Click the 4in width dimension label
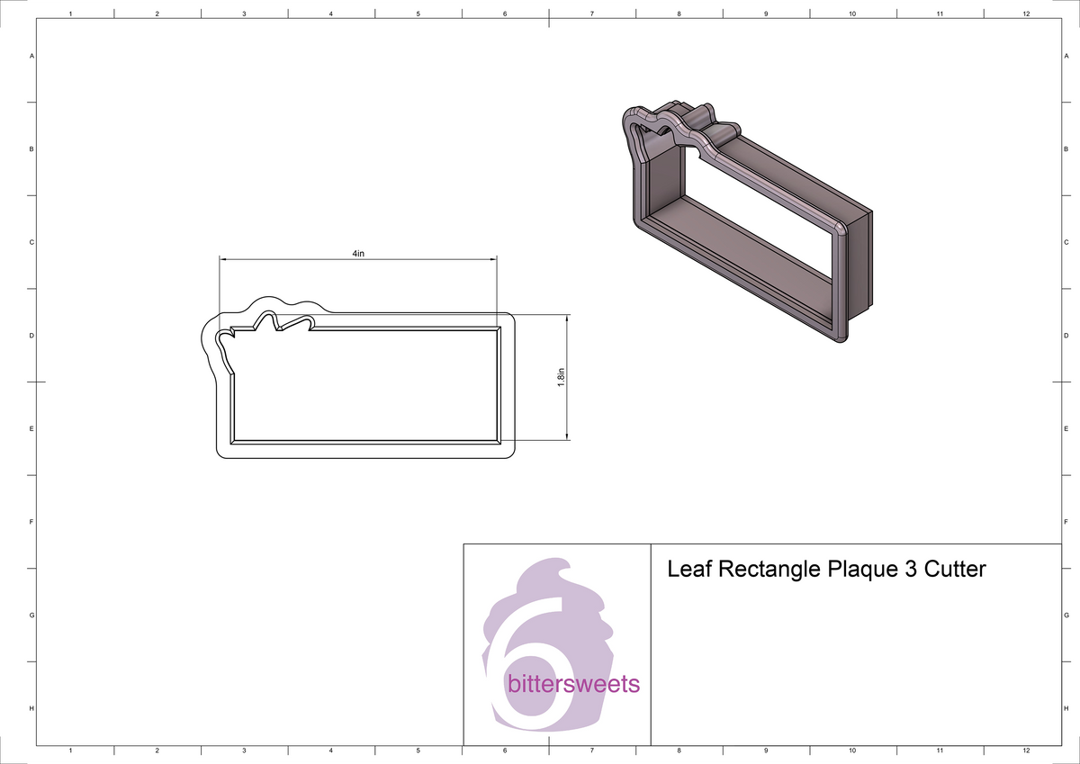coord(358,254)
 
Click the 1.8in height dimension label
coord(560,377)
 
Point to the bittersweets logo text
coord(573,685)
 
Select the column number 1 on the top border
coord(70,13)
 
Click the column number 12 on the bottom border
coord(1027,750)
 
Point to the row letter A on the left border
coord(32,56)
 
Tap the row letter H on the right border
coord(1066,709)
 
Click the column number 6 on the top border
coord(505,13)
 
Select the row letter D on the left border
coord(32,336)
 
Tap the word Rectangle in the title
coord(765,570)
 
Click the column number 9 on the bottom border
coord(766,750)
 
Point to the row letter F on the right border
coord(1066,522)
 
